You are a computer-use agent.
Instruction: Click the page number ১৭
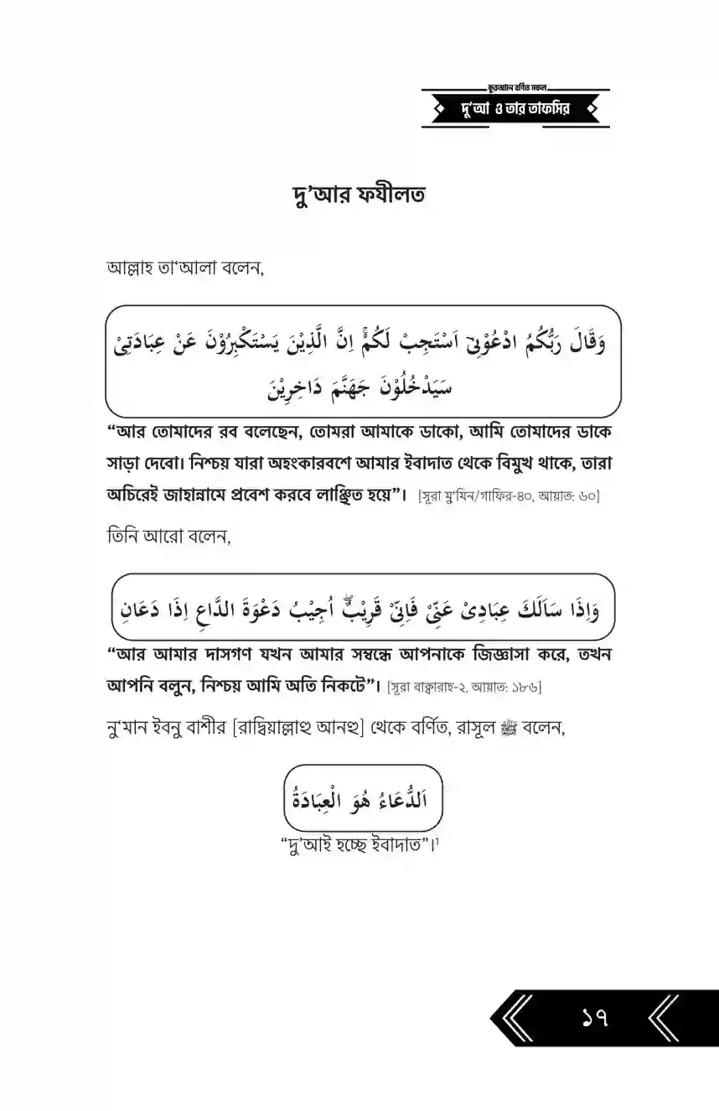594,1020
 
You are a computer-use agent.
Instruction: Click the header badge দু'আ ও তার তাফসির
515,109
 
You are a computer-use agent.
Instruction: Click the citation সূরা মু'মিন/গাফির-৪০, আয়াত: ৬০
509,496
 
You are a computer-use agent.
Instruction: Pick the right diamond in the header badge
592,109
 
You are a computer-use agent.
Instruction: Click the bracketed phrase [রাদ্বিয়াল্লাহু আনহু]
324,729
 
